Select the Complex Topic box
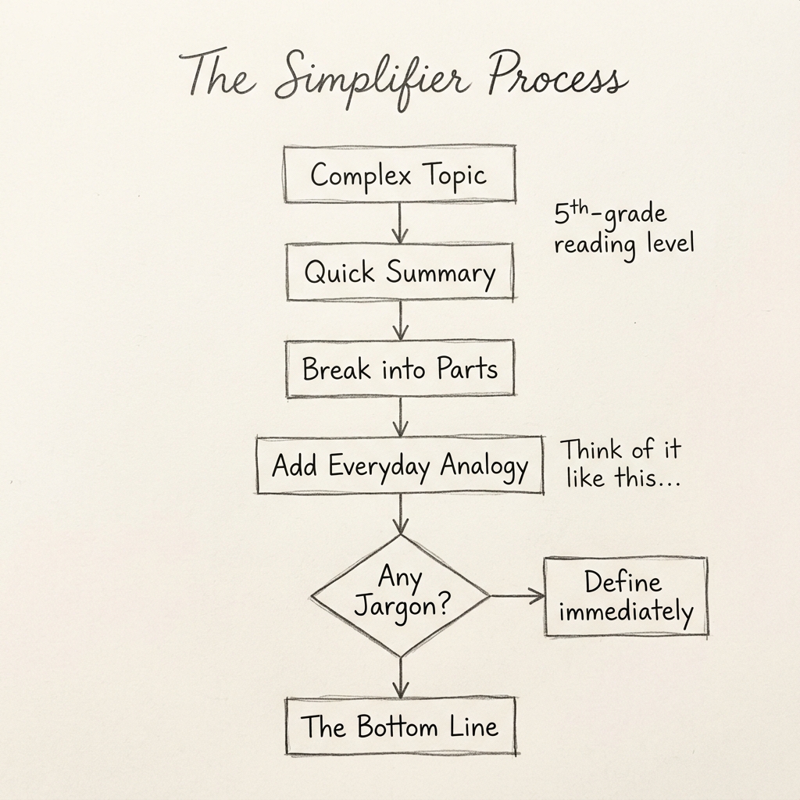pyautogui.click(x=399, y=174)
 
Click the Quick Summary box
pyautogui.click(x=399, y=272)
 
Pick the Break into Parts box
pyautogui.click(x=399, y=368)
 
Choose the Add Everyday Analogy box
pyautogui.click(x=399, y=466)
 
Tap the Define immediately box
pyautogui.click(x=625, y=596)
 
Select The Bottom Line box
pyautogui.click(x=399, y=727)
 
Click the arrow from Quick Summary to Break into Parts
pyautogui.click(x=400, y=320)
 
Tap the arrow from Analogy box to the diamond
pyautogui.click(x=400, y=514)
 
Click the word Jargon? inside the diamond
pyautogui.click(x=402, y=607)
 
